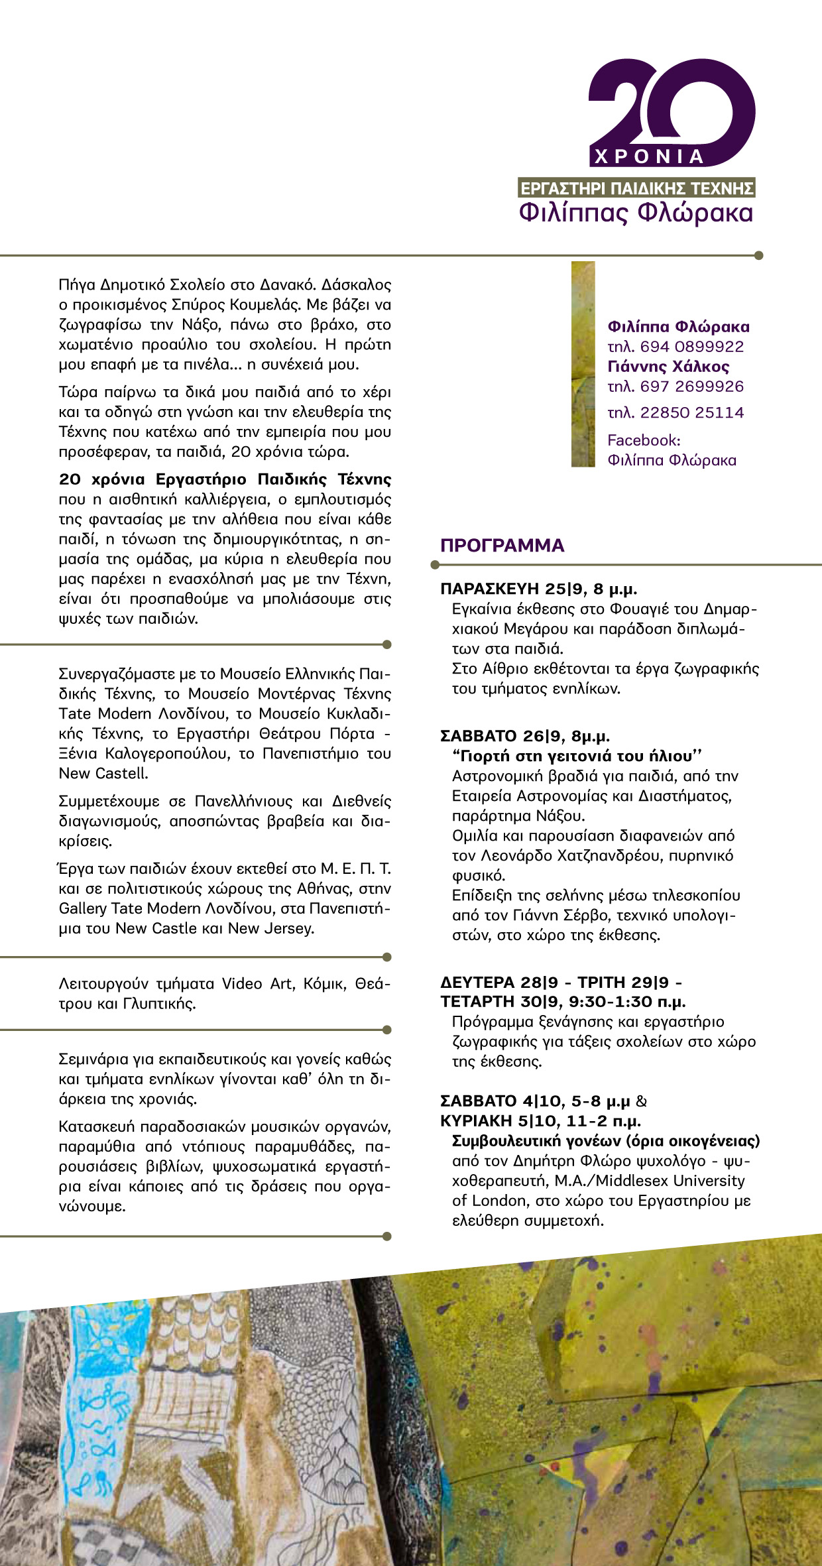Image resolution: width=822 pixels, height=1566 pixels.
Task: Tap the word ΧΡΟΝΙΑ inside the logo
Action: pos(649,157)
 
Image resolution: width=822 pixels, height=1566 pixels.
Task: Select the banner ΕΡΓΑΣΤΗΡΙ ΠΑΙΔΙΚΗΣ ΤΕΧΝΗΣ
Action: pos(636,188)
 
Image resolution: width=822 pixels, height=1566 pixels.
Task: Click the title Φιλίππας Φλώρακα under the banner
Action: pos(636,213)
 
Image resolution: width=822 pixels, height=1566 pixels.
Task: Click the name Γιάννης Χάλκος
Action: pos(668,367)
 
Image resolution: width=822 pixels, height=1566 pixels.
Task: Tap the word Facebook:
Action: pos(644,440)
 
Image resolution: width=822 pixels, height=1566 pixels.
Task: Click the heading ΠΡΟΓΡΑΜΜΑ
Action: pos(502,546)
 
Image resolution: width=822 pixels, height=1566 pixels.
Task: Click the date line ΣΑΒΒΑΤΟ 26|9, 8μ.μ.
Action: pos(525,736)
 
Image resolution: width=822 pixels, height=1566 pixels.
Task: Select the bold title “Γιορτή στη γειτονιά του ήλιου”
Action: pos(577,756)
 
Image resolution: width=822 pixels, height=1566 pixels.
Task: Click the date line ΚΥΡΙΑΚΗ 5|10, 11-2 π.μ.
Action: pos(540,1121)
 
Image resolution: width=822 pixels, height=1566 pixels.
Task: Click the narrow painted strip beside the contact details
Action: pos(583,364)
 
